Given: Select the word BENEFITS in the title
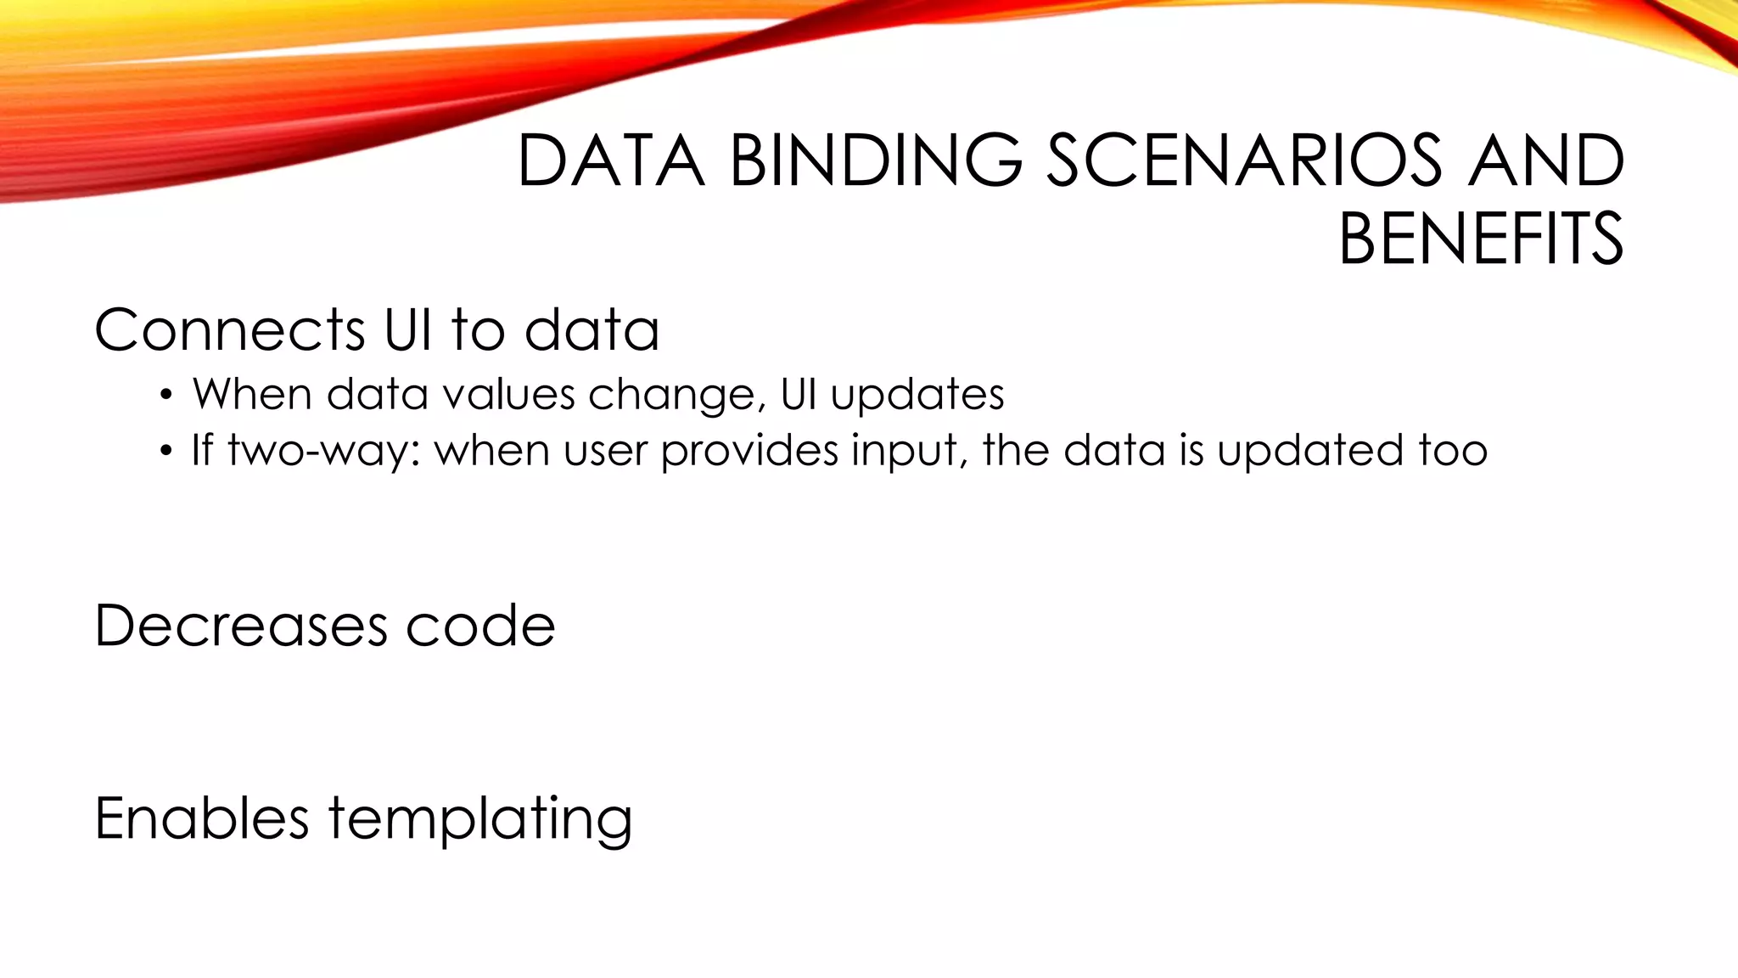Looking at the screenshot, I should [1481, 239].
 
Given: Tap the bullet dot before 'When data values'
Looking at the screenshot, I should [166, 396].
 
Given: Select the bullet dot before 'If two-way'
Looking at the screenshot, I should [166, 451].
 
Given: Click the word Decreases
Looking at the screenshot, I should [241, 626].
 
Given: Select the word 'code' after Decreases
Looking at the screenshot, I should [480, 626].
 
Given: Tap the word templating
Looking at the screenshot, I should [480, 819].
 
